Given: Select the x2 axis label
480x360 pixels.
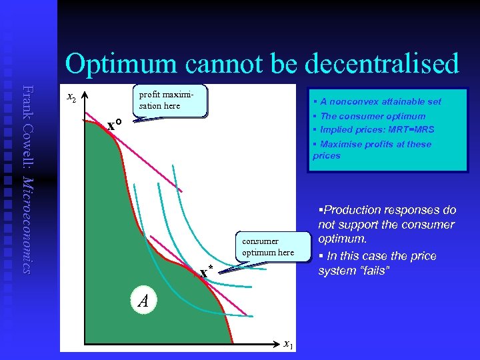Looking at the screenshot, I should [72, 97].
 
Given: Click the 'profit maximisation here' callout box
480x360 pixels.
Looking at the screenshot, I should [171, 101].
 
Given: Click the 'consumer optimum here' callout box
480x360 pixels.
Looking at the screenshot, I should [269, 247].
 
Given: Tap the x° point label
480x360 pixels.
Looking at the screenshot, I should [114, 125].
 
